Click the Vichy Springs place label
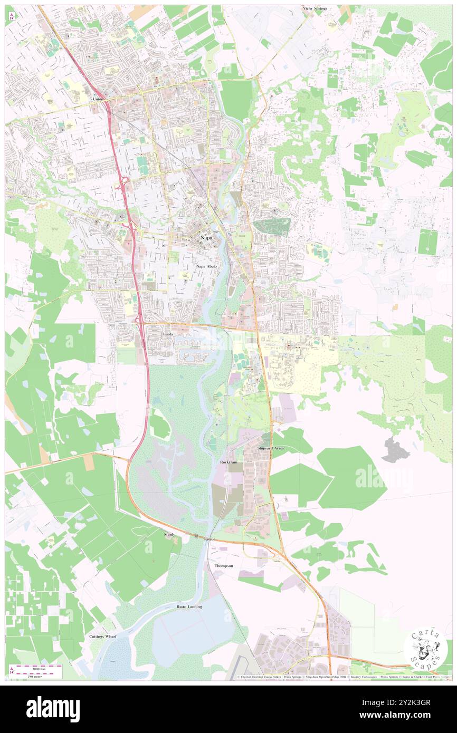(315, 9)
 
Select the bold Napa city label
(206, 238)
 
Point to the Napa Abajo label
(206, 266)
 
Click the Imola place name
(168, 334)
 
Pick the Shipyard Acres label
(270, 448)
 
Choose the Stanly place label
(169, 534)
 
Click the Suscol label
(210, 540)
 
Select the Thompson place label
(223, 565)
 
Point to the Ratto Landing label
(189, 607)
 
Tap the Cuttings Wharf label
(103, 636)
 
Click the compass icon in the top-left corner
(12, 16)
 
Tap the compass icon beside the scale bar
(12, 670)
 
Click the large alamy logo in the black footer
(53, 709)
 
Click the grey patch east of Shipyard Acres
(394, 450)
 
